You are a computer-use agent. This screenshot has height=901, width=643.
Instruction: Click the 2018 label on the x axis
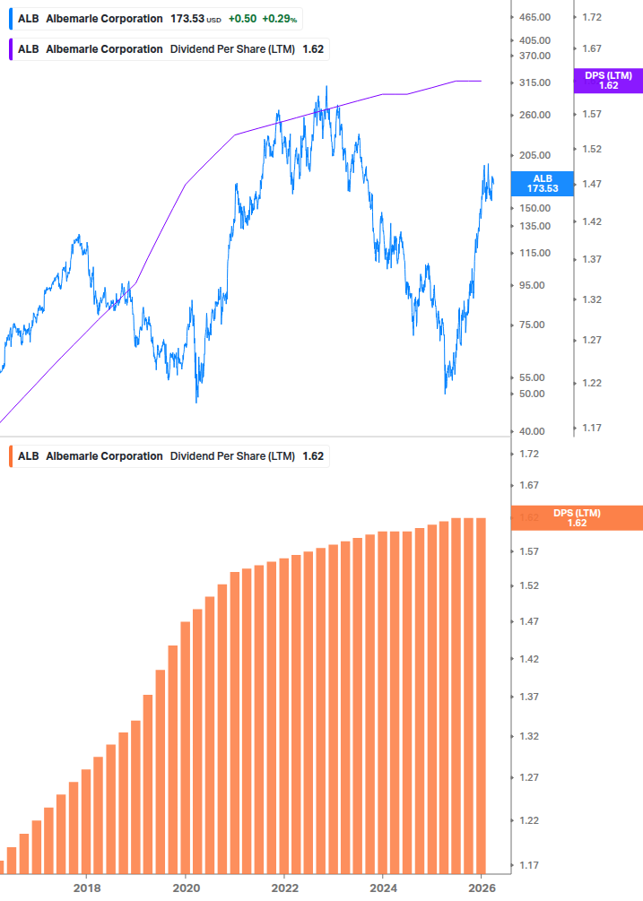pyautogui.click(x=86, y=888)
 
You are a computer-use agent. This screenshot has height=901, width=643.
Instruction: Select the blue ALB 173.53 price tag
pyautogui.click(x=543, y=184)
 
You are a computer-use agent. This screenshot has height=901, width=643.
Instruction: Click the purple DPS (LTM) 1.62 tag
pyautogui.click(x=608, y=81)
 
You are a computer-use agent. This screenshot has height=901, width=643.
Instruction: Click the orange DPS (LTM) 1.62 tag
pyautogui.click(x=576, y=517)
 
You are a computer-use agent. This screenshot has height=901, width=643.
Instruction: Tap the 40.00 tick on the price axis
pyautogui.click(x=533, y=431)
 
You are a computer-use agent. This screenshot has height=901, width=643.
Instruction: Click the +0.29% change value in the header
pyautogui.click(x=280, y=19)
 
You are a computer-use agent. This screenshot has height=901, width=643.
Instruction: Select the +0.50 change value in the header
pyautogui.click(x=242, y=19)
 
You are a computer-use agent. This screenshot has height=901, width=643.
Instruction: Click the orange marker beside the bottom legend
pyautogui.click(x=9, y=456)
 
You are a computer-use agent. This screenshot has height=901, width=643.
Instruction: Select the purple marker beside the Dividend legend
pyautogui.click(x=9, y=49)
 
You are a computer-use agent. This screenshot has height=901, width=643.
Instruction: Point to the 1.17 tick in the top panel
pyautogui.click(x=592, y=428)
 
